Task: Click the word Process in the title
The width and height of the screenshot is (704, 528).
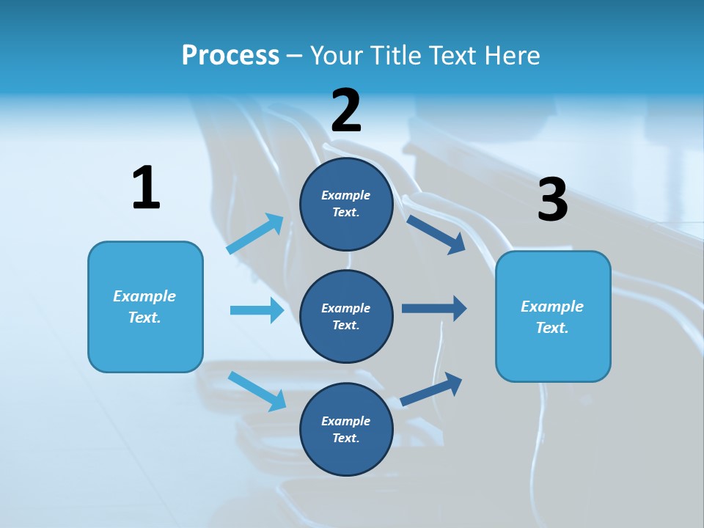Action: pyautogui.click(x=230, y=56)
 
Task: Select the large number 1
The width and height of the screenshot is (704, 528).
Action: pyautogui.click(x=146, y=188)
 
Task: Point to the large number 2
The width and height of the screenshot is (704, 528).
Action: pyautogui.click(x=346, y=111)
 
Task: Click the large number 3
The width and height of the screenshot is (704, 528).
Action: pyautogui.click(x=552, y=199)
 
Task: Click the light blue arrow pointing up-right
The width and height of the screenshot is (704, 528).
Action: pyautogui.click(x=255, y=235)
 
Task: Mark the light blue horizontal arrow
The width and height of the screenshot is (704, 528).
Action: pyautogui.click(x=257, y=310)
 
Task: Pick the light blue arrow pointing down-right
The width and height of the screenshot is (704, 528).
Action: pyautogui.click(x=257, y=391)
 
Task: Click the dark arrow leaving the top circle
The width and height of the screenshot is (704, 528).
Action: pyautogui.click(x=436, y=234)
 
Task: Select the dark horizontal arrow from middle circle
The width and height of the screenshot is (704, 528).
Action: pyautogui.click(x=433, y=308)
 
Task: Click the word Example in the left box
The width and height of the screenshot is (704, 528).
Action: pyautogui.click(x=144, y=296)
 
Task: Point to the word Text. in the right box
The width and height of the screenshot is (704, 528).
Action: pyautogui.click(x=552, y=328)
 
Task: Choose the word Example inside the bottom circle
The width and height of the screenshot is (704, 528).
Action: pyautogui.click(x=345, y=421)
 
